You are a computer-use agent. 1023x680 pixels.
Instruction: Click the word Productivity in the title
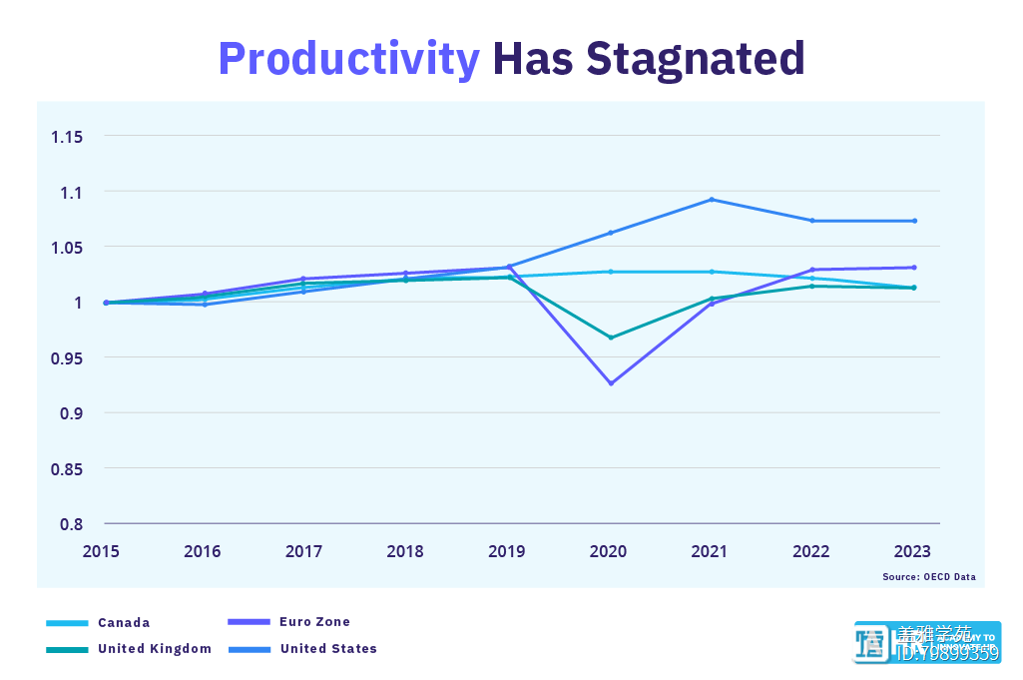[348, 60]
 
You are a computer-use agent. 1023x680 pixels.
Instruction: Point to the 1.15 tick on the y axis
[68, 136]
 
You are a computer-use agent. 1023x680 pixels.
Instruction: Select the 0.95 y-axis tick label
[68, 357]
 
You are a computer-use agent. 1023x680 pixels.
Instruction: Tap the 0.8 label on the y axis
[74, 523]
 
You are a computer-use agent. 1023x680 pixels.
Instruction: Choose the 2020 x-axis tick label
[609, 551]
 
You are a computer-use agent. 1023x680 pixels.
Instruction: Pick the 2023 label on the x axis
[913, 551]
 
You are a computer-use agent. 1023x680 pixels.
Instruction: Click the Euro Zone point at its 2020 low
[611, 383]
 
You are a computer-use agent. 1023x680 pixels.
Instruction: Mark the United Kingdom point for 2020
[611, 338]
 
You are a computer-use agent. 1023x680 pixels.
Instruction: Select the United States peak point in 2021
[712, 199]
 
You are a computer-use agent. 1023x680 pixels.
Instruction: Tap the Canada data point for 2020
[611, 272]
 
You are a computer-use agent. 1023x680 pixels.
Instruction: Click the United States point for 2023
[913, 221]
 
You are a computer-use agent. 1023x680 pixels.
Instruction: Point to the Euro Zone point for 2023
[913, 268]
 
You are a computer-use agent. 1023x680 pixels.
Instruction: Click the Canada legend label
[124, 623]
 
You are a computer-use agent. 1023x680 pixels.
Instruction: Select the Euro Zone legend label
[315, 622]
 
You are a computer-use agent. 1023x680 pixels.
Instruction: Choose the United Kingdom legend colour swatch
[67, 649]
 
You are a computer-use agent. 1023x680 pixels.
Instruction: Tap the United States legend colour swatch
[250, 649]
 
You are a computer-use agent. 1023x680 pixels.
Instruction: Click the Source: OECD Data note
[929, 577]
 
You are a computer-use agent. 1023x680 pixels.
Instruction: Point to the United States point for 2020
[611, 233]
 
